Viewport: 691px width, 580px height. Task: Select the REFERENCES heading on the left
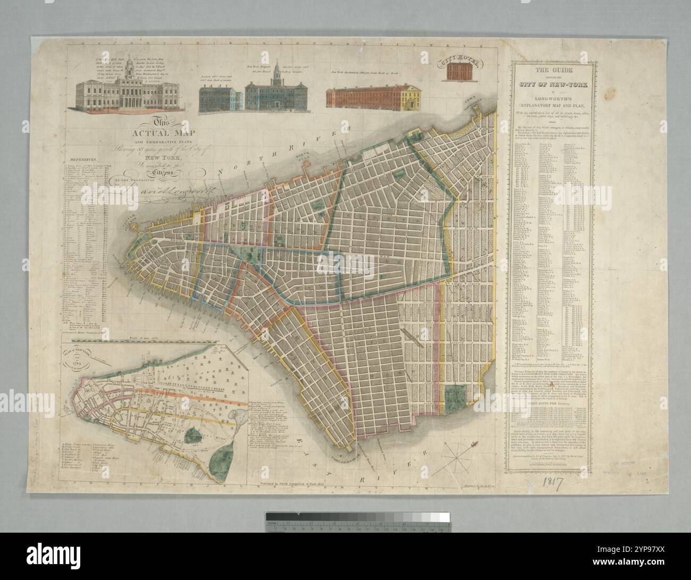point(82,158)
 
